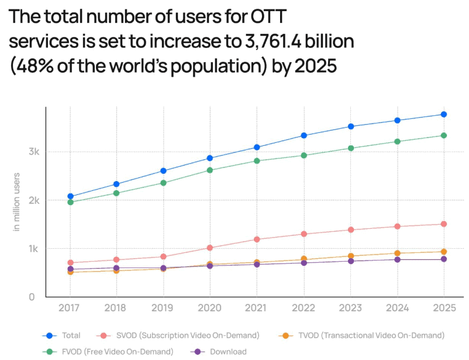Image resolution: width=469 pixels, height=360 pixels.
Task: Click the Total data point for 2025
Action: click(443, 114)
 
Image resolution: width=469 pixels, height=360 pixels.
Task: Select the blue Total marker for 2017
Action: click(70, 197)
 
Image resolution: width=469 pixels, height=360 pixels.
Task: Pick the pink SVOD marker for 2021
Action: click(257, 239)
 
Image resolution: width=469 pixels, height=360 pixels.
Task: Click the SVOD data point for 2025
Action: click(443, 224)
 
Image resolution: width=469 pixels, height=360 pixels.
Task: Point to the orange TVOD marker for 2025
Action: click(443, 252)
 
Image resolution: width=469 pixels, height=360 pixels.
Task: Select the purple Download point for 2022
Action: click(304, 263)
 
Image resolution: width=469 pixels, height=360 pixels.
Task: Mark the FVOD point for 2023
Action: click(350, 148)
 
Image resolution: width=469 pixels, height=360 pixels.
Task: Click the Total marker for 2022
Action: click(304, 136)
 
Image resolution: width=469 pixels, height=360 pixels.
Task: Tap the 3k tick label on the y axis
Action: click(34, 152)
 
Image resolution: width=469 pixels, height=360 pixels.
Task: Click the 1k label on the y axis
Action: click(34, 249)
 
